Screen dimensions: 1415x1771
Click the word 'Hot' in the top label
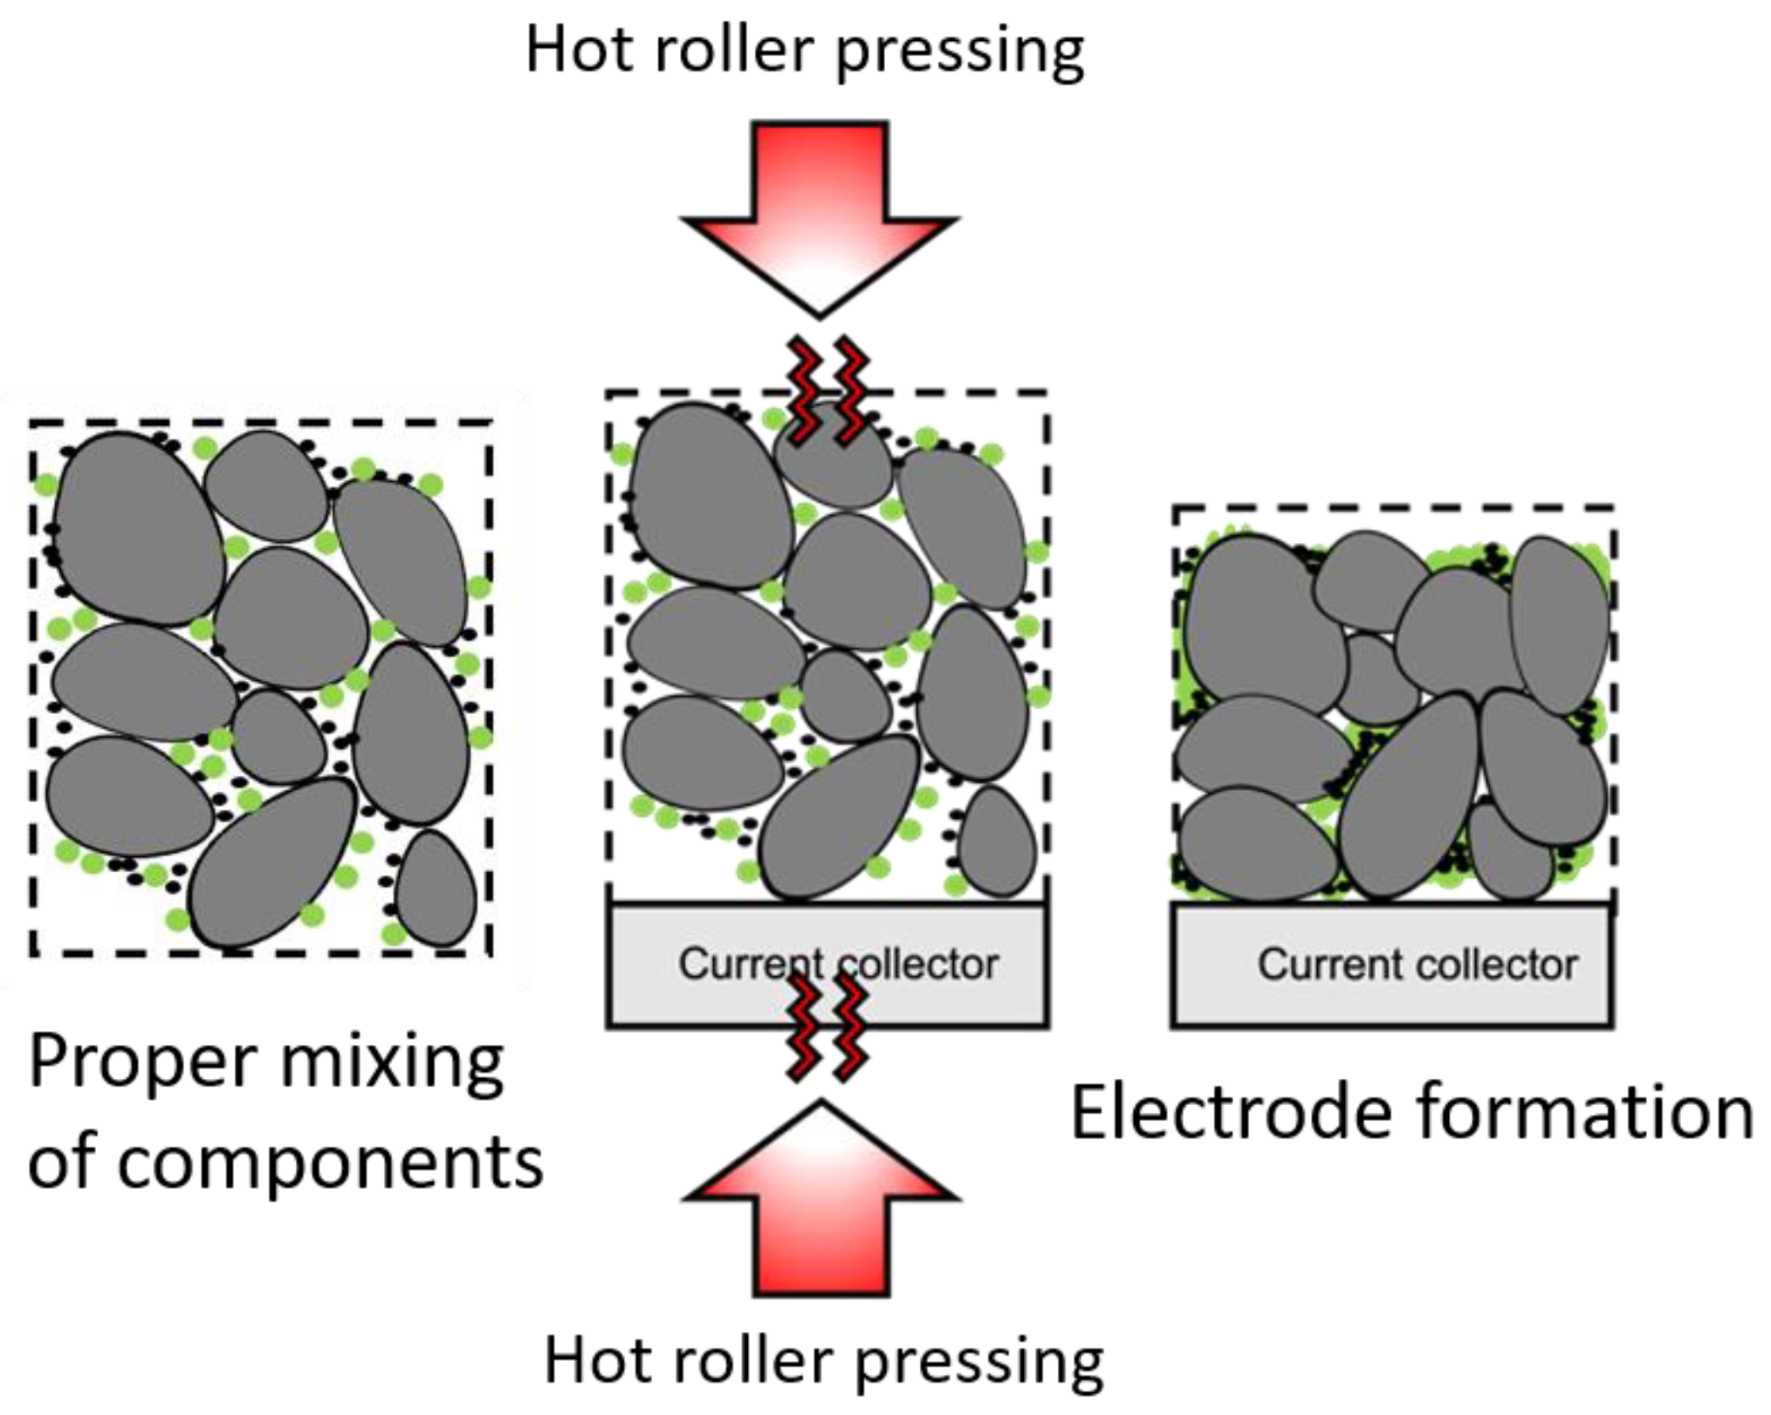tap(580, 50)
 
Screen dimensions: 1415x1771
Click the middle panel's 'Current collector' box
tap(827, 965)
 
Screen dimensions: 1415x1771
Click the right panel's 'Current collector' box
tap(1391, 965)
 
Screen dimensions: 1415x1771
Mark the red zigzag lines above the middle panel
tap(828, 388)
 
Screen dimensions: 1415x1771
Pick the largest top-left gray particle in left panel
tap(140, 528)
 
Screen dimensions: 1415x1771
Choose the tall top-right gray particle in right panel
tap(1559, 624)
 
